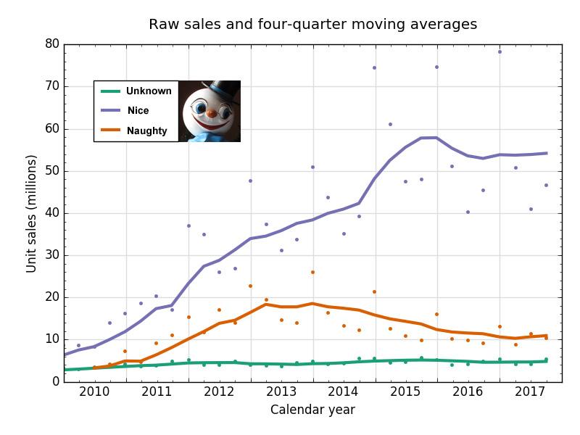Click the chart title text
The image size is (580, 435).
pyautogui.click(x=312, y=25)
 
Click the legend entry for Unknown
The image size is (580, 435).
pyautogui.click(x=149, y=91)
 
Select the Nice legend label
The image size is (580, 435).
pyautogui.click(x=138, y=111)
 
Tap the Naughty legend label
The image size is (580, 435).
pyautogui.click(x=146, y=131)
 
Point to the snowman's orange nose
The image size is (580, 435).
pyautogui.click(x=210, y=113)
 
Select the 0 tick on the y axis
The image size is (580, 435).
pyautogui.click(x=54, y=381)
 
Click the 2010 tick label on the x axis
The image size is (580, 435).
pyautogui.click(x=94, y=393)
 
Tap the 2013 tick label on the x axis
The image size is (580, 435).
pyautogui.click(x=281, y=393)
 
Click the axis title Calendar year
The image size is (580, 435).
pyautogui.click(x=312, y=410)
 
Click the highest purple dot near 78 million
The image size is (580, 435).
pyautogui.click(x=500, y=52)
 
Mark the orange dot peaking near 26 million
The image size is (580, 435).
pyautogui.click(x=312, y=273)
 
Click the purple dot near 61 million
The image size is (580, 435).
pyautogui.click(x=390, y=125)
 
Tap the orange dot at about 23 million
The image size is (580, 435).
pyautogui.click(x=250, y=286)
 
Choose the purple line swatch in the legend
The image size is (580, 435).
pyautogui.click(x=110, y=111)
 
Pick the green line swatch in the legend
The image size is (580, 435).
pyautogui.click(x=110, y=91)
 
